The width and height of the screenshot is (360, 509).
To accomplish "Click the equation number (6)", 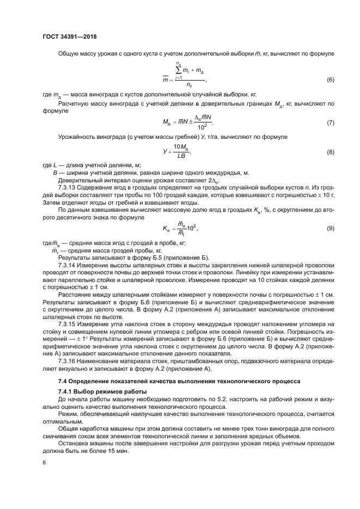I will [330, 81].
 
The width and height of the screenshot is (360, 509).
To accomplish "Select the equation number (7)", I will [330, 122].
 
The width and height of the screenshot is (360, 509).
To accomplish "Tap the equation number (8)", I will [330, 152].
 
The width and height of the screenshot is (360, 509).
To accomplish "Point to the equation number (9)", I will [330, 213].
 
